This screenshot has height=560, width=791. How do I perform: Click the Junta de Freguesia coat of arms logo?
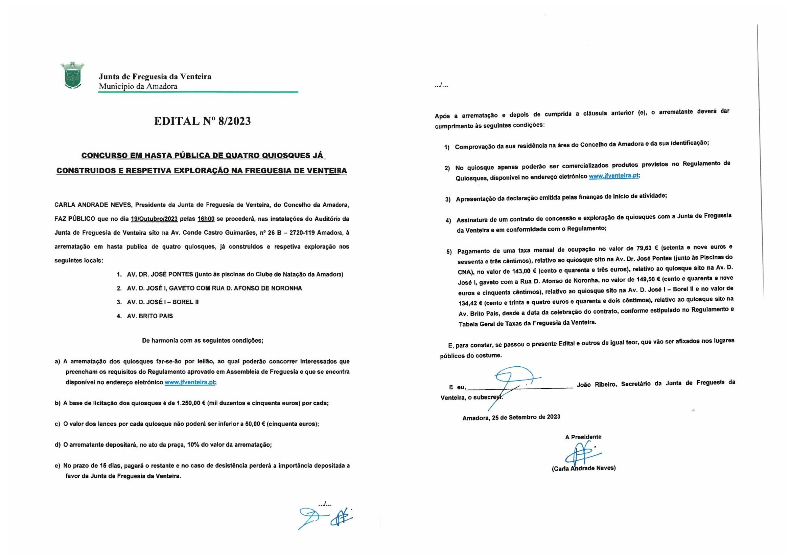point(72,76)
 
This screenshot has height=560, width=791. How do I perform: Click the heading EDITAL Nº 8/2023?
point(202,121)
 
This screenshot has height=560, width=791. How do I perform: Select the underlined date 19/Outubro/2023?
point(154,219)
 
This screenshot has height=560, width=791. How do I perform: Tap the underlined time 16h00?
point(206,219)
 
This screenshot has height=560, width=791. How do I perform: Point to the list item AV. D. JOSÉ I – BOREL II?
point(163,302)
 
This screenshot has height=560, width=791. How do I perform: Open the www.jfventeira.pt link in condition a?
point(190,382)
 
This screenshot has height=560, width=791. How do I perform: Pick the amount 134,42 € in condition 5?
point(471,303)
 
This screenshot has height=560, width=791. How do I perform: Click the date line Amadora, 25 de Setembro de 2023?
point(511,417)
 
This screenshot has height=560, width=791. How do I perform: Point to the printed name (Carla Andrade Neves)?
point(584,468)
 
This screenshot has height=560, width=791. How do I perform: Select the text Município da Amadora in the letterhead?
point(138,87)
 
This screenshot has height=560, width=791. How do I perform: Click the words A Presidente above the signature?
point(583,437)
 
